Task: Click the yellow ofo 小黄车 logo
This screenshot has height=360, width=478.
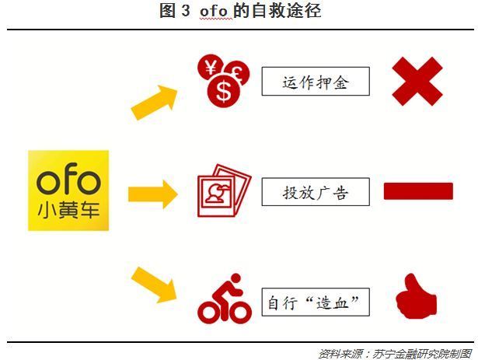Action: click(68, 190)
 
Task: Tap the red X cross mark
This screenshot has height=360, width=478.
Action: click(417, 82)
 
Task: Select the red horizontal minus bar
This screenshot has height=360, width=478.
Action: click(418, 191)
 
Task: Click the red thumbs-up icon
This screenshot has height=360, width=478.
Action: click(416, 296)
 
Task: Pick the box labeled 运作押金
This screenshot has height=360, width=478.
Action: click(316, 81)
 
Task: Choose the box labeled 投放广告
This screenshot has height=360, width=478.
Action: click(316, 192)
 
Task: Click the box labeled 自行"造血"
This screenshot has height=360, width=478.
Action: click(316, 302)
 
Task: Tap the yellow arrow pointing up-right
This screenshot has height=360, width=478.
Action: click(154, 103)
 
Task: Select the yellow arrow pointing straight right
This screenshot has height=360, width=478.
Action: click(153, 194)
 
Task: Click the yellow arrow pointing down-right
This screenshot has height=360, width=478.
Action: click(154, 285)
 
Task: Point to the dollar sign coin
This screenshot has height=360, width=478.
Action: click(224, 91)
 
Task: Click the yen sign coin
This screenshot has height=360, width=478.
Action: click(211, 68)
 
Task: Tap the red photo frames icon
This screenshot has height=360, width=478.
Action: click(225, 190)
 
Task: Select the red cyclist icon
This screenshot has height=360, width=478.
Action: click(225, 298)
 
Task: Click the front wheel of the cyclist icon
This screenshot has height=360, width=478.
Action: click(239, 312)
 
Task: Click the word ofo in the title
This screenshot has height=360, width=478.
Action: click(214, 12)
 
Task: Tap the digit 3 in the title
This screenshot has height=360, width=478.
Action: click(186, 11)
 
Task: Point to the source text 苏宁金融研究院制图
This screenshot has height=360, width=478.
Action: click(422, 354)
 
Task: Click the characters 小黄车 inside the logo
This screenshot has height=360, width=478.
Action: click(68, 210)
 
